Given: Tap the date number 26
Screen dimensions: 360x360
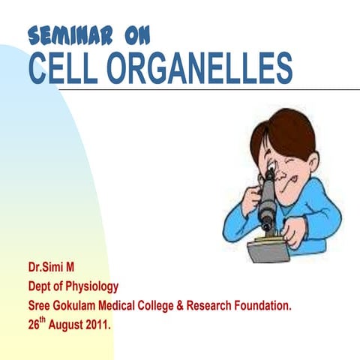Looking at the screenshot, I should click(x=34, y=326).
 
